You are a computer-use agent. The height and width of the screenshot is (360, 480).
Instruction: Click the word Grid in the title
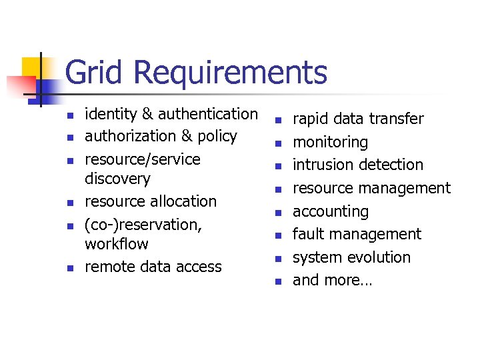pos(92,73)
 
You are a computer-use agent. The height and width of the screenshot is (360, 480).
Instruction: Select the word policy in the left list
pos(218,136)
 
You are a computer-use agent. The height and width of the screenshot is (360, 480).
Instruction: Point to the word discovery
pos(117,179)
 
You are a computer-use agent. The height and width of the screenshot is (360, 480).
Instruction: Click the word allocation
pos(183,201)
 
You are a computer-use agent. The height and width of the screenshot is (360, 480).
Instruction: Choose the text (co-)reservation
pos(143,224)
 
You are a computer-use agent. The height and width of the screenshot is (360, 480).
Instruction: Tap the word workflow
pos(117,243)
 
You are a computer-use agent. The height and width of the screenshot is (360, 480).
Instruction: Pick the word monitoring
pos(330,142)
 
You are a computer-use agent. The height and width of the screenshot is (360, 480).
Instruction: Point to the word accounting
pos(331,211)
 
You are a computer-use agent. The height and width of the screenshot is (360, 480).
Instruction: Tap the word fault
pos(307,234)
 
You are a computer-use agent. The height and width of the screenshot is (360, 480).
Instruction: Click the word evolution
pos(381,257)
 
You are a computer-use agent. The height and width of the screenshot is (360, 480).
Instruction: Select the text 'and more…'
pos(333,280)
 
